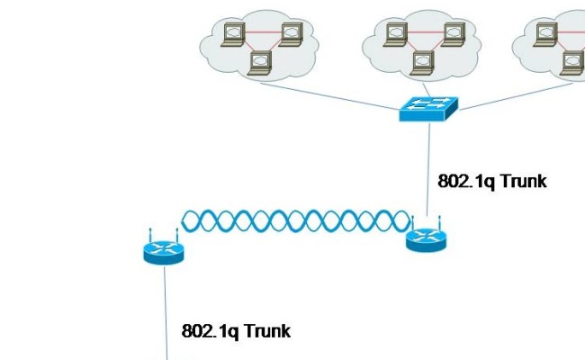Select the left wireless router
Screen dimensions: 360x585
[x=163, y=249]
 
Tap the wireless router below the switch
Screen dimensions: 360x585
[x=425, y=238]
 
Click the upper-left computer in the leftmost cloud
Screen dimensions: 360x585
[x=232, y=34]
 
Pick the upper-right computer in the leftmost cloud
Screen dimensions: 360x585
[x=290, y=34]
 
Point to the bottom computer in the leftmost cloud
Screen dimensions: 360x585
[x=261, y=62]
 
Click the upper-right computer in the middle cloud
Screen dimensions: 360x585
[x=452, y=34]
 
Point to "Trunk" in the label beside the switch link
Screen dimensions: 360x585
[x=523, y=181]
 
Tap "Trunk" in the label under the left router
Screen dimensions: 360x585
[x=266, y=331]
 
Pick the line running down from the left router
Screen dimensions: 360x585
[x=165, y=306]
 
